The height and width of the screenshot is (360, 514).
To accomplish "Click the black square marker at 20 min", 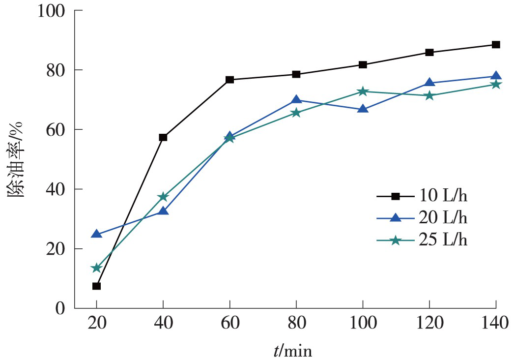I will (96, 286).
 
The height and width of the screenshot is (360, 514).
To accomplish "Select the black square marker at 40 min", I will (163, 137).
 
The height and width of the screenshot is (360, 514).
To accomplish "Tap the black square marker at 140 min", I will (496, 45).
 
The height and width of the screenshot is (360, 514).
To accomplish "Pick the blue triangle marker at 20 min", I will (96, 234).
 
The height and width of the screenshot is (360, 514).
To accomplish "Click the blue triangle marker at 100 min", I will (363, 109).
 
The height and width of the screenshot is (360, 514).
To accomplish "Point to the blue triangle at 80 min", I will (296, 100).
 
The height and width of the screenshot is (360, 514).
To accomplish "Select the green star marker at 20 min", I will (96, 268).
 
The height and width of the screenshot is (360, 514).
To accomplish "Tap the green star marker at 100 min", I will (363, 91).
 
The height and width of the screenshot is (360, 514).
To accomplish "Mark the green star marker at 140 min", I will (496, 85).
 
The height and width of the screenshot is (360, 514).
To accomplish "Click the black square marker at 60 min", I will (229, 80).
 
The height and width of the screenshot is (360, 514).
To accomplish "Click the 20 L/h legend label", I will (440, 218).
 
